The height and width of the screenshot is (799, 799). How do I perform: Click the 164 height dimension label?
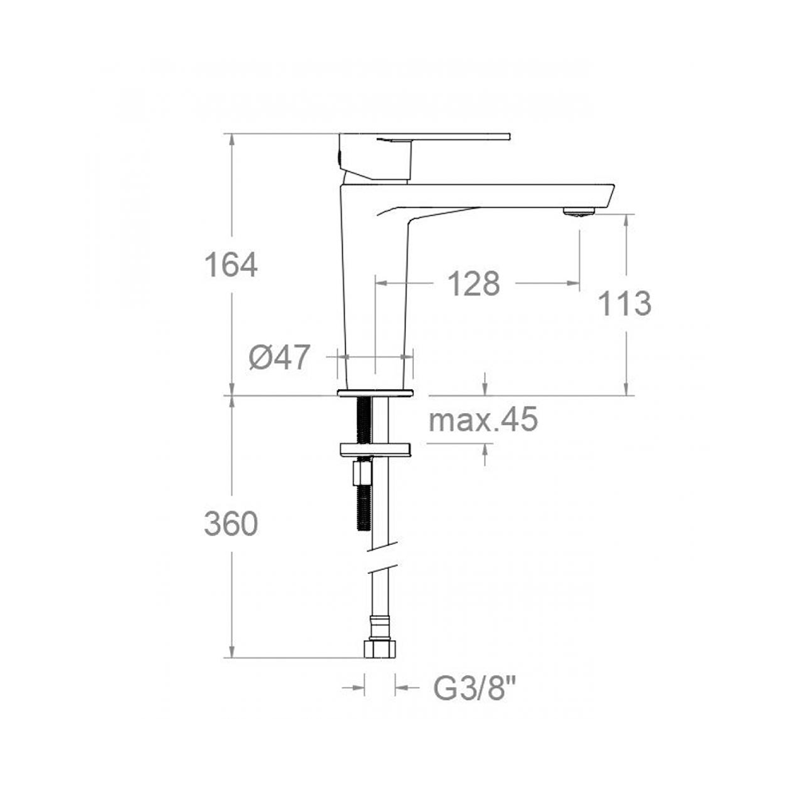coord(231,265)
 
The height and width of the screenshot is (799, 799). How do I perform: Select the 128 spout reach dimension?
coord(473,284)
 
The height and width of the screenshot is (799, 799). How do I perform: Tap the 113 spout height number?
coord(624,304)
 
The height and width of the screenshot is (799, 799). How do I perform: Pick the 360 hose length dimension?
coord(231,524)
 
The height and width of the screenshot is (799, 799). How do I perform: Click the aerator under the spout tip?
coord(579,212)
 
